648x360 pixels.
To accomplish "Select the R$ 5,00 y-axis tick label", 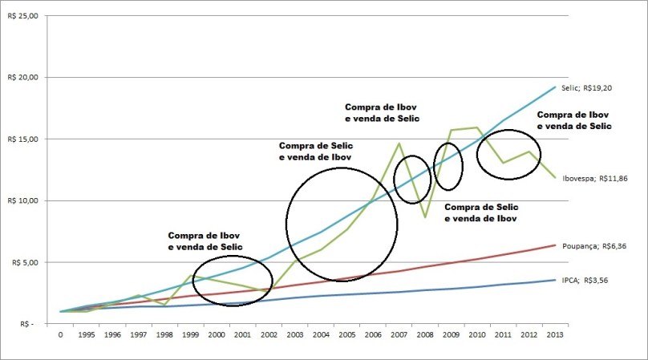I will point(24,262).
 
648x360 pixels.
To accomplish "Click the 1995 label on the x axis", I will point(87,337).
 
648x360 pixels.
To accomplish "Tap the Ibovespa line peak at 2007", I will point(399,144).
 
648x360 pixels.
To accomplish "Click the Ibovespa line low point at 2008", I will point(425,216).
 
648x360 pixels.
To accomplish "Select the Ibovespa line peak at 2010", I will point(477,127).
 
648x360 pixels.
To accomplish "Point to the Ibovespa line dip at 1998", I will point(165,305).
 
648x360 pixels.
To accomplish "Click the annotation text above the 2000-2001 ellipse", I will point(205,242).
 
